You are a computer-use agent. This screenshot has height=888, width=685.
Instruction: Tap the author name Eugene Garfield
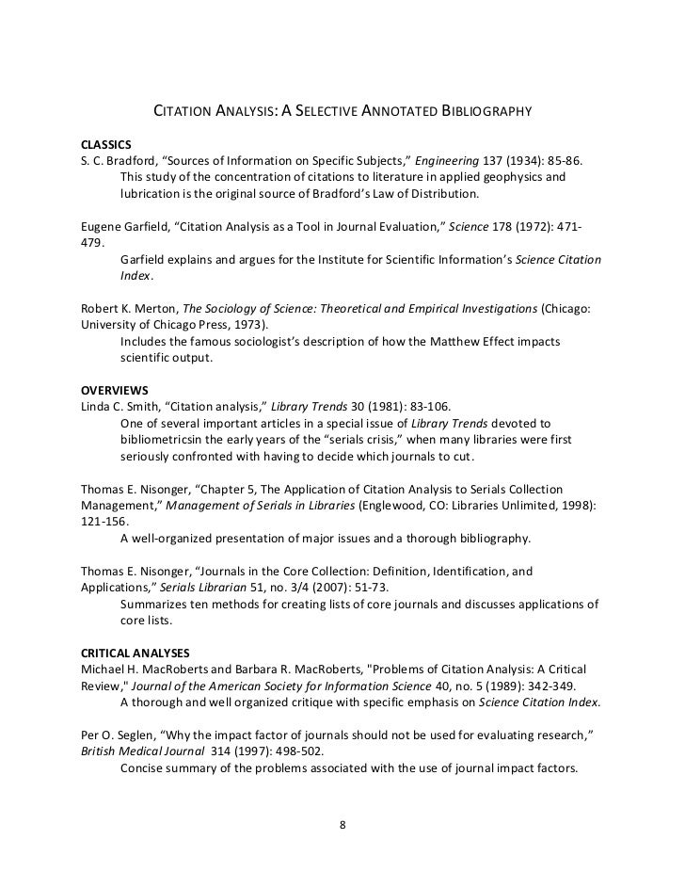pyautogui.click(x=114, y=226)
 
